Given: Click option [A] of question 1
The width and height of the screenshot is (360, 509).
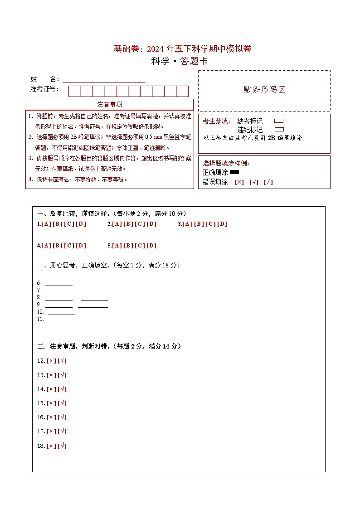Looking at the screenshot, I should click(x=46, y=224).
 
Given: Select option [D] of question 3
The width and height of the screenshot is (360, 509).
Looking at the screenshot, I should click(x=222, y=224).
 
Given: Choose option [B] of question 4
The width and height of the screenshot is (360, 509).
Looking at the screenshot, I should click(x=58, y=246).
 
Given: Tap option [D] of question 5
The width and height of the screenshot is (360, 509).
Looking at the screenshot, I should click(x=151, y=246).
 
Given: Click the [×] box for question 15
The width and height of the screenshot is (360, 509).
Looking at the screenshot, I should click(x=51, y=403).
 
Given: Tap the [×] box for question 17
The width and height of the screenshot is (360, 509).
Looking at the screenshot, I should click(x=51, y=431).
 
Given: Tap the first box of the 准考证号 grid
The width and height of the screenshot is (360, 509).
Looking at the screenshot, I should click(x=74, y=91).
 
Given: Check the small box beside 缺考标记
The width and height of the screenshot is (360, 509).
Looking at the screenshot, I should click(x=279, y=121).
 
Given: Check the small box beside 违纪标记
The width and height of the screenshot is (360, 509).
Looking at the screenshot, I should click(x=279, y=130).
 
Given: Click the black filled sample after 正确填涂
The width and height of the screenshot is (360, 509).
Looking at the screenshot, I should click(x=234, y=172).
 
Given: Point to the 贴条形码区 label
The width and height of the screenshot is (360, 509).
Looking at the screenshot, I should click(x=264, y=90).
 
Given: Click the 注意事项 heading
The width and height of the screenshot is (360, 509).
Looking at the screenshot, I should click(x=110, y=104).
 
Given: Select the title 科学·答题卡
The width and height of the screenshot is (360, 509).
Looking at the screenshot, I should click(x=180, y=62).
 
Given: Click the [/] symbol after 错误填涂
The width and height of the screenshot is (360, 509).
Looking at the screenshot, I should click(x=268, y=182).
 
